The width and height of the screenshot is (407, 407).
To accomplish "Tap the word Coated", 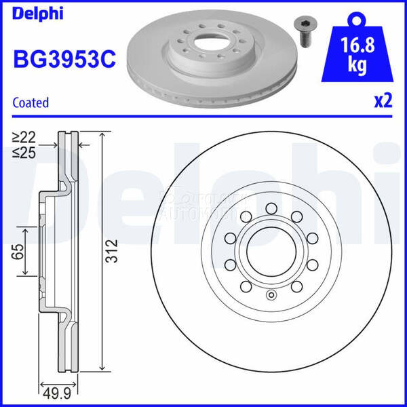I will click(x=31, y=103).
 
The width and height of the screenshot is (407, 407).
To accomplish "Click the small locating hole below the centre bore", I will click(x=271, y=294).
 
